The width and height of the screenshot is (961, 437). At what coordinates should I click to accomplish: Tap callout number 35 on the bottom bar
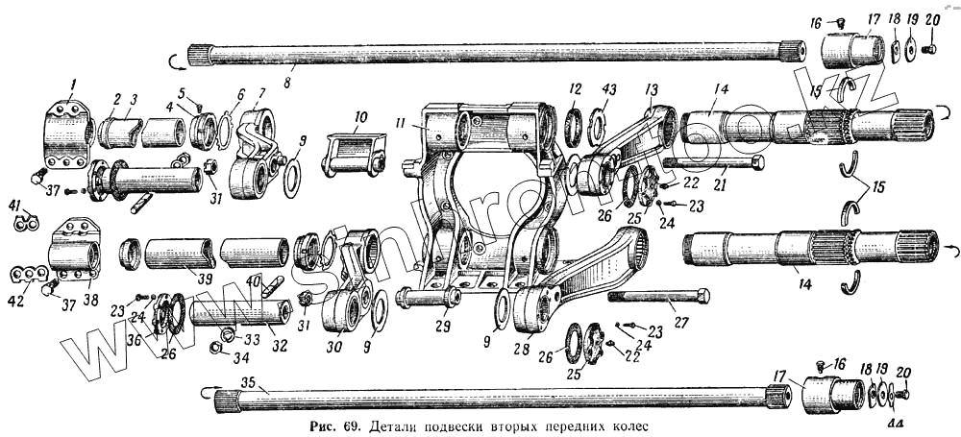click(x=249, y=382)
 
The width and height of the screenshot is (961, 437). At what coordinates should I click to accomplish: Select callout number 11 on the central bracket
click(x=403, y=124)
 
